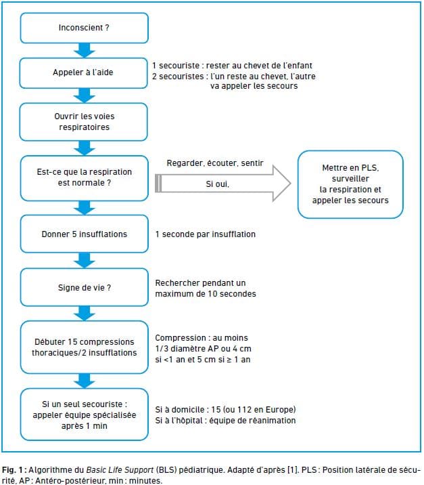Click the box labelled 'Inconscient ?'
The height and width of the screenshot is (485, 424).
[x=85, y=28]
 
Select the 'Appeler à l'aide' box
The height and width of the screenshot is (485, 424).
[x=84, y=73]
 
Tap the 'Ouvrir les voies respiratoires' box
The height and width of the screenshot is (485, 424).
[x=84, y=122]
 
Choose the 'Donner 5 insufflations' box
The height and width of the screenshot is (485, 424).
[x=85, y=234]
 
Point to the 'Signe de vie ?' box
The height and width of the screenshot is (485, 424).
[x=85, y=287]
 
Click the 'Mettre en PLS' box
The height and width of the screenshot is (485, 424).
[x=350, y=184]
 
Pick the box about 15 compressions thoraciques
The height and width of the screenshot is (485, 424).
[x=85, y=347]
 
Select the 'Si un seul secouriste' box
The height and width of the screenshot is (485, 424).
[x=85, y=415]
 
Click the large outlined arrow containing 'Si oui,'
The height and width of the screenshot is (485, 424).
[x=222, y=184]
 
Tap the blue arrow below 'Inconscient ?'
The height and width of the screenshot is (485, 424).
[x=85, y=50]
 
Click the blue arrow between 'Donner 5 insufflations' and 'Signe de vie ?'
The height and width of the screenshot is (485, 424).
[x=85, y=260]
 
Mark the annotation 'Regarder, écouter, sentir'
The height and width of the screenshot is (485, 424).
[x=215, y=163]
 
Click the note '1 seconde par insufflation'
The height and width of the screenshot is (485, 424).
[x=206, y=234]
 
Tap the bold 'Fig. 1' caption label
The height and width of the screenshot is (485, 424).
[x=12, y=470]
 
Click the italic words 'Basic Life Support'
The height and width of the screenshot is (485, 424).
[x=120, y=470]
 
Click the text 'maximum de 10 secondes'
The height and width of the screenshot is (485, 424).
[x=206, y=293]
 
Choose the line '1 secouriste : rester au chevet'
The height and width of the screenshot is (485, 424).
[x=232, y=66]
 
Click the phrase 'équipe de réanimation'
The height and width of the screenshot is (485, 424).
[x=252, y=421]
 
